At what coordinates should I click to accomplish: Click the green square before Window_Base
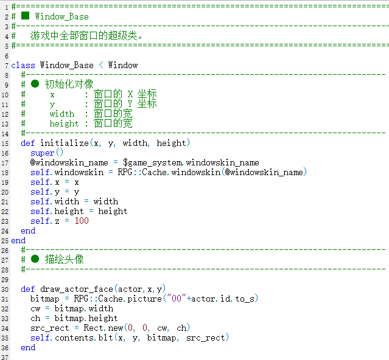click(26, 16)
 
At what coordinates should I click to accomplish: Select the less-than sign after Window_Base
click(101, 65)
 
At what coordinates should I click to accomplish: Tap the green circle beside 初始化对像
click(35, 84)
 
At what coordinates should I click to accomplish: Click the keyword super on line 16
click(42, 153)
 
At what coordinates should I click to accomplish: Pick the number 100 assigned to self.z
click(82, 221)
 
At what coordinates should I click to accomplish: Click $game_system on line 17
click(152, 163)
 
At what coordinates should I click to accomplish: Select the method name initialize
click(65, 143)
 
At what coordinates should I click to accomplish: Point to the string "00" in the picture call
click(177, 299)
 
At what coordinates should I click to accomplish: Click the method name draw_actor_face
click(77, 289)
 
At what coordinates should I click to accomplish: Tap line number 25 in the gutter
click(5, 241)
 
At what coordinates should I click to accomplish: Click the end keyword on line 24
click(28, 231)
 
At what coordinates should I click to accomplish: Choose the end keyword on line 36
click(28, 348)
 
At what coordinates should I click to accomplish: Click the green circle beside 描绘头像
click(35, 259)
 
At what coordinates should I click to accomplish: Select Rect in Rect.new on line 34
click(93, 328)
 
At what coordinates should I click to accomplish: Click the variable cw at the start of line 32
click(35, 309)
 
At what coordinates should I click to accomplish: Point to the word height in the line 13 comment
click(64, 123)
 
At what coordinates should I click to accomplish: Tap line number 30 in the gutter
click(5, 289)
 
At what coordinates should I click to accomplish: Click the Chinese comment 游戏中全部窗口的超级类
click(86, 36)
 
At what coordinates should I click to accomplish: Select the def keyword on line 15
click(28, 143)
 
